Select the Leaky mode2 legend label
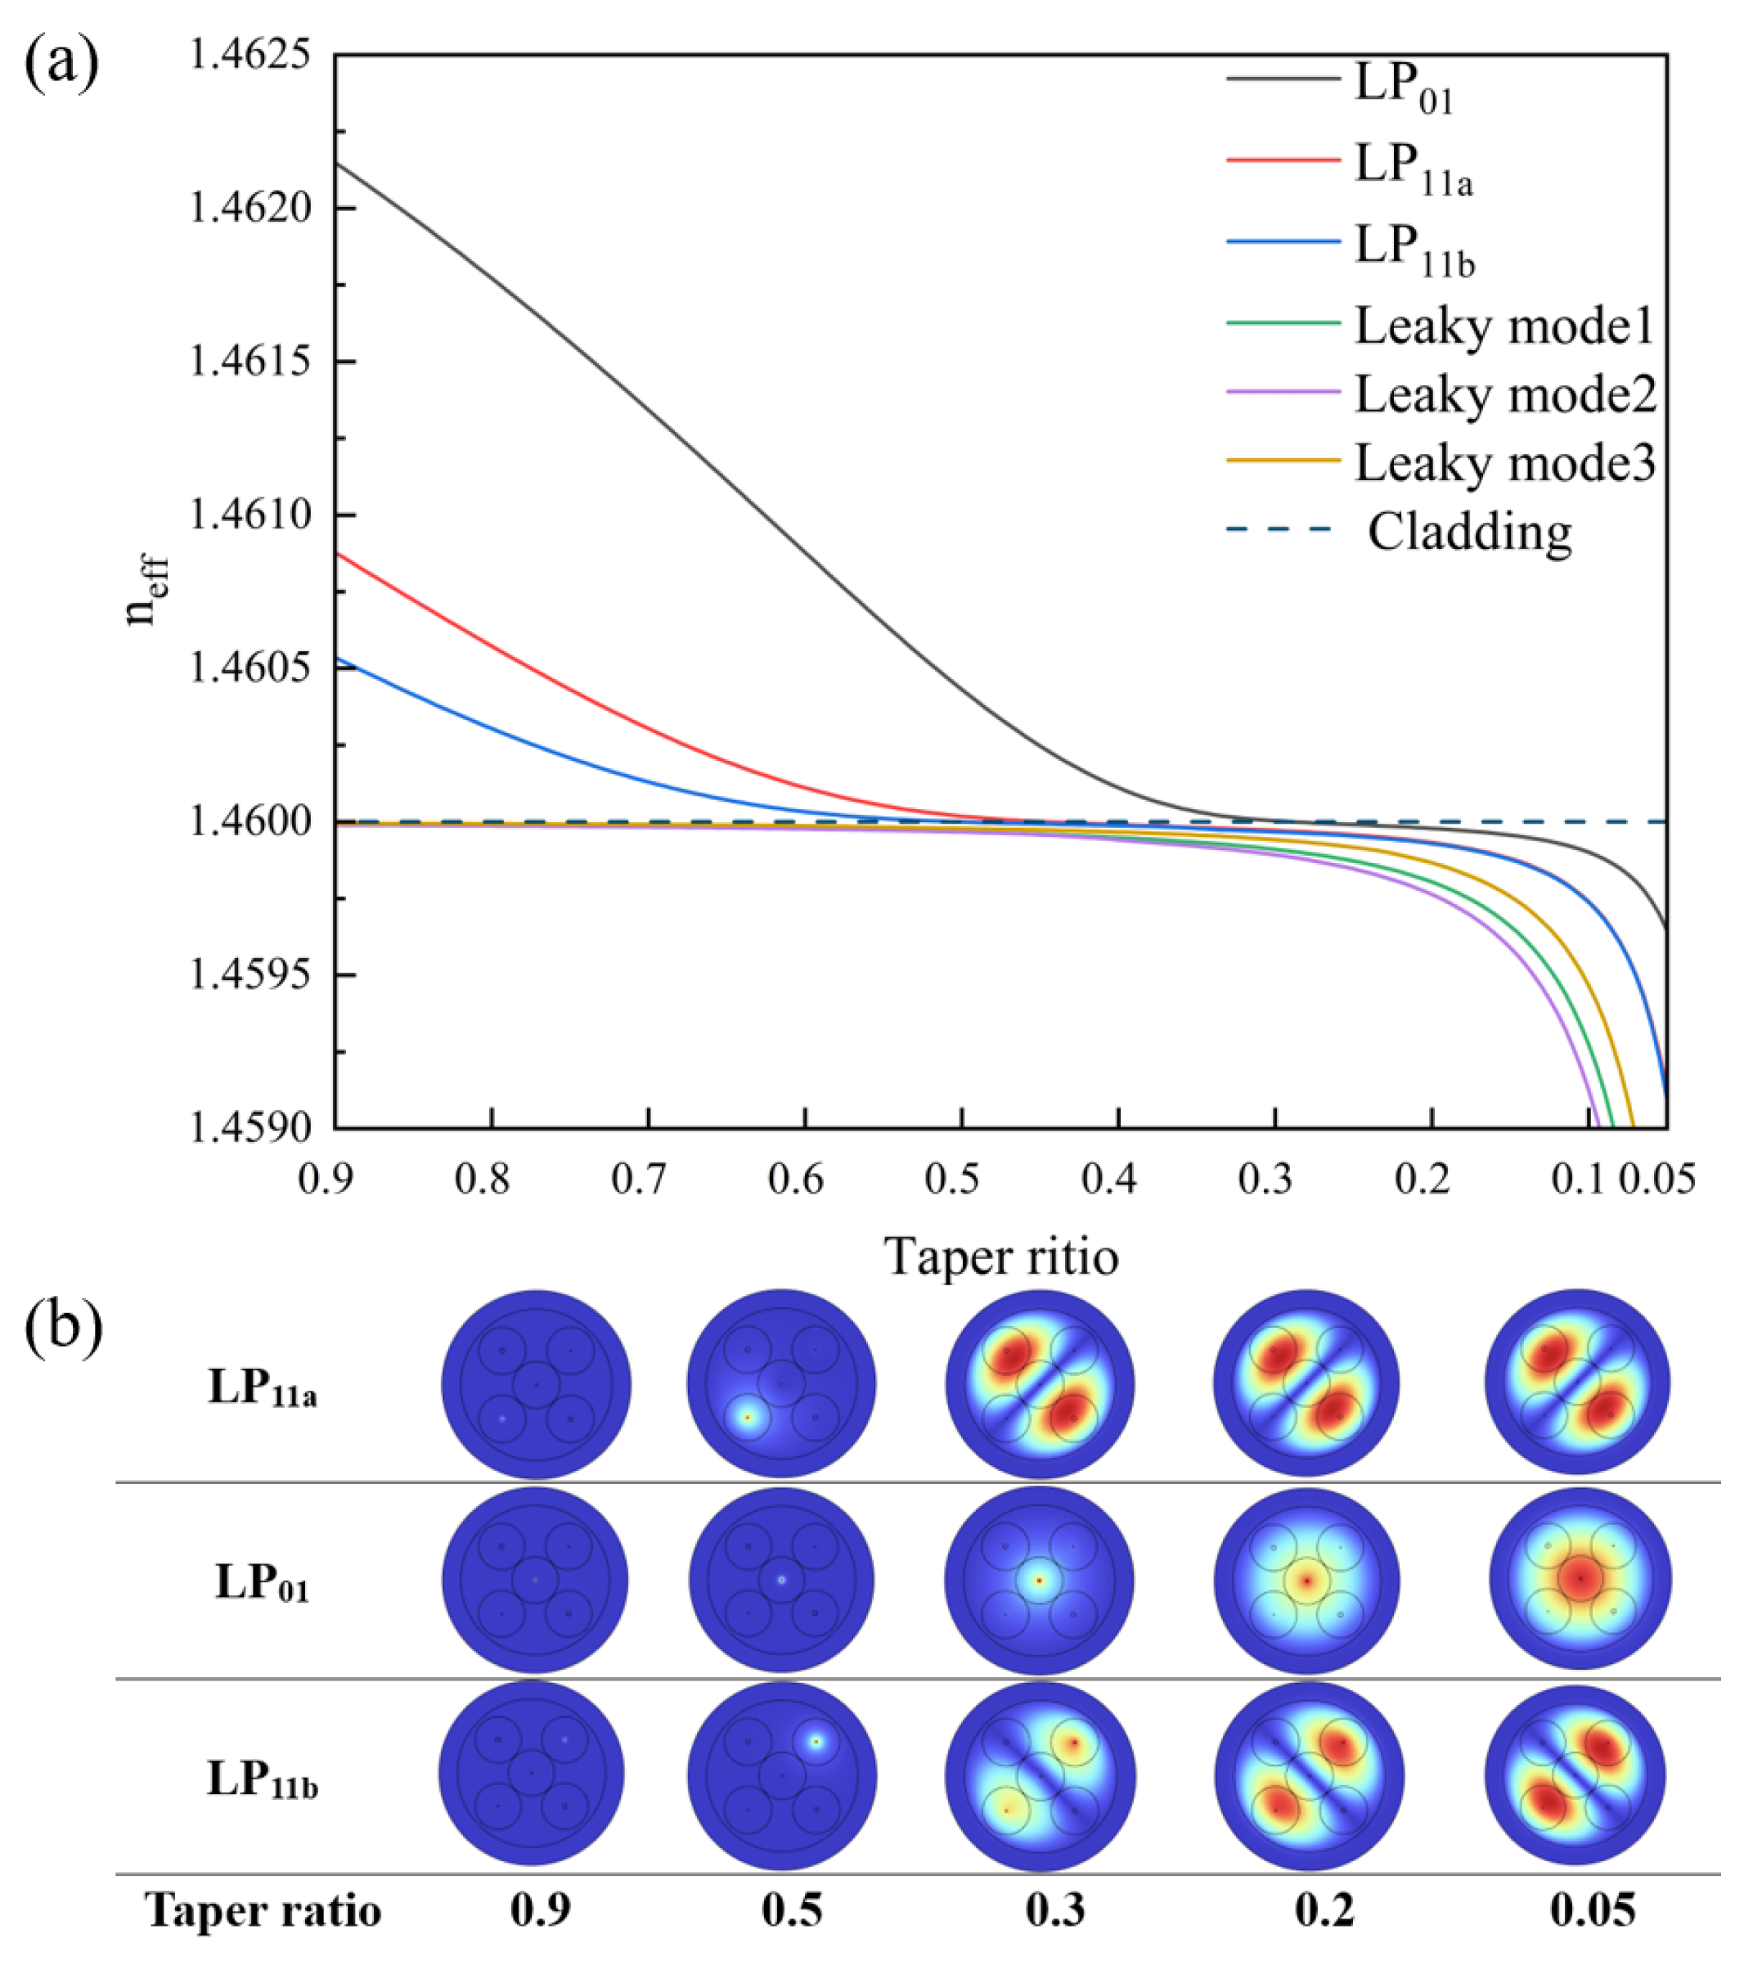click(1504, 395)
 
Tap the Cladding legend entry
click(1469, 532)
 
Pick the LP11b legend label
click(1414, 250)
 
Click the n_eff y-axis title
click(145, 591)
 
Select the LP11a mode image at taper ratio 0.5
click(781, 1384)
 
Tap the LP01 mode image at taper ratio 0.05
click(1580, 1581)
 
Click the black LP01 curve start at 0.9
click(339, 164)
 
